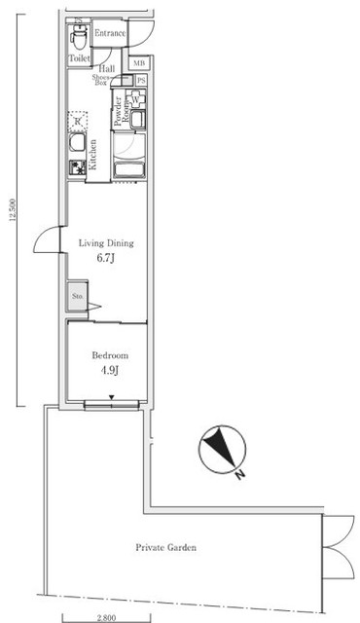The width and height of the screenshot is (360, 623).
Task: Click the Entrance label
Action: [x=110, y=33]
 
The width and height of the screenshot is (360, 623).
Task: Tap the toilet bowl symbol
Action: [x=78, y=38]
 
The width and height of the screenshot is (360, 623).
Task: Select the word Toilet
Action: [x=79, y=59]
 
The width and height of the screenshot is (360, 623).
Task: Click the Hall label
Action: [x=107, y=68]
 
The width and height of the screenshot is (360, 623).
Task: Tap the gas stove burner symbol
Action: [x=74, y=167]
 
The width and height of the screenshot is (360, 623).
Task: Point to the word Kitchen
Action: [x=93, y=155]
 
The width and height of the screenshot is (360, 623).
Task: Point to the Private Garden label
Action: [x=165, y=548]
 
